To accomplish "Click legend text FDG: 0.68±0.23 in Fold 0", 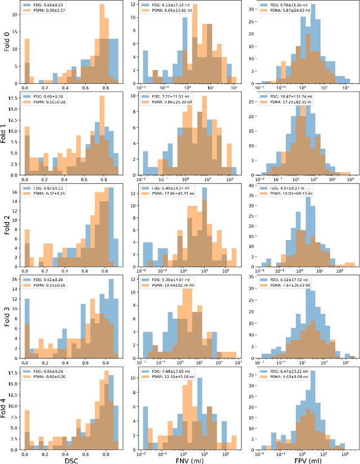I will pyautogui.click(x=52, y=5).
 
